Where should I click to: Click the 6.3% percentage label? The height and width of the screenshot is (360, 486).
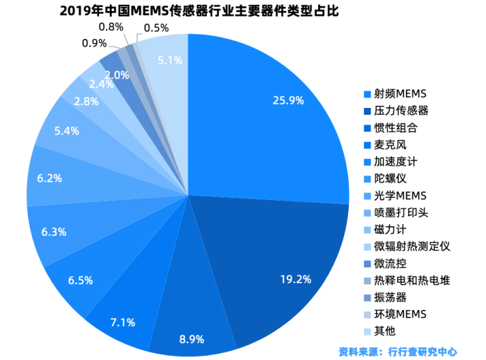click(x=54, y=232)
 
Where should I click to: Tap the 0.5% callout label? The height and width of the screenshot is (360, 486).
click(x=156, y=28)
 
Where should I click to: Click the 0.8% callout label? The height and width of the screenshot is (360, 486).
click(x=111, y=26)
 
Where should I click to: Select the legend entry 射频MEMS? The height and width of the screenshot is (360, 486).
click(x=399, y=93)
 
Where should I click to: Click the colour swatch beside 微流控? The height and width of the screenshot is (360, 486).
click(x=367, y=264)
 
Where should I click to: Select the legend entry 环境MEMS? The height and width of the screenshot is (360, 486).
click(x=400, y=314)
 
